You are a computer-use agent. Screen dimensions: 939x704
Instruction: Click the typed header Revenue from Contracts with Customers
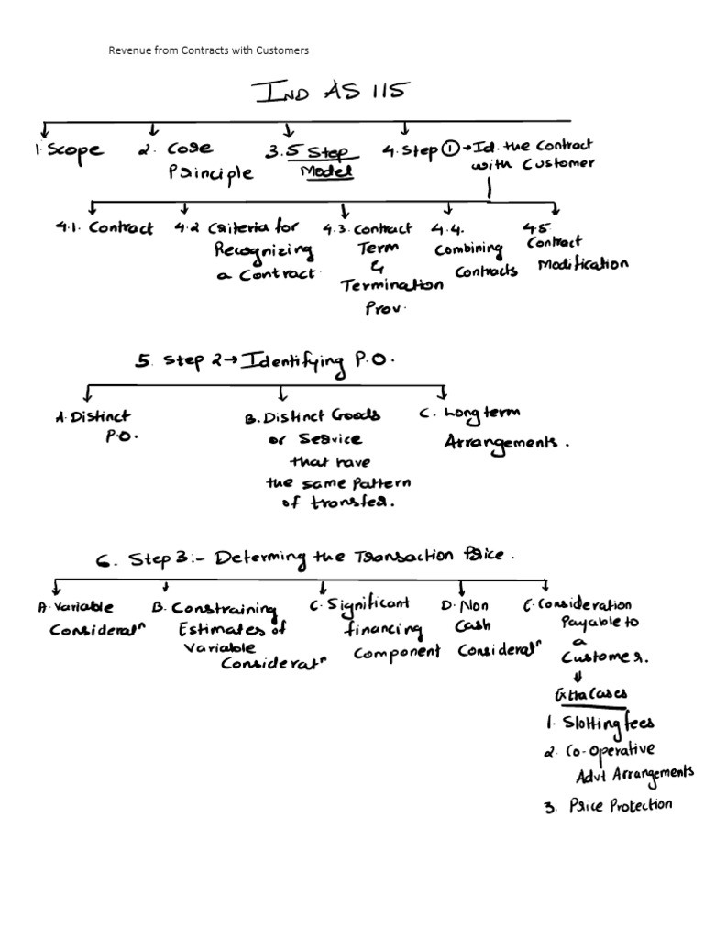pyautogui.click(x=208, y=50)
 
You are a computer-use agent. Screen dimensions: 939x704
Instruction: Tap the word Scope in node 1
pyautogui.click(x=75, y=151)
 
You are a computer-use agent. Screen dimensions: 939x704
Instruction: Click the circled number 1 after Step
pyautogui.click(x=450, y=151)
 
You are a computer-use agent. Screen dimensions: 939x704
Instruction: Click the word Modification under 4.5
pyautogui.click(x=583, y=264)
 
